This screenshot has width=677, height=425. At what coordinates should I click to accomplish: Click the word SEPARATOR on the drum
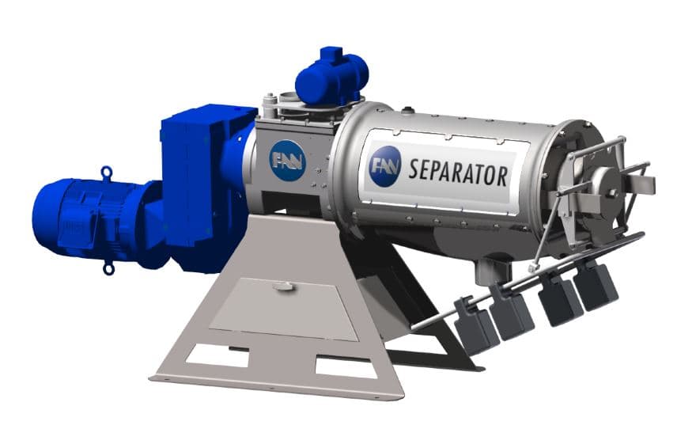click(x=458, y=171)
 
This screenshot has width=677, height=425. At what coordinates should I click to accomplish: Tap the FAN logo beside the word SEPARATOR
click(x=385, y=166)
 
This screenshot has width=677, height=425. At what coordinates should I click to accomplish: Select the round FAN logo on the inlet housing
click(x=286, y=160)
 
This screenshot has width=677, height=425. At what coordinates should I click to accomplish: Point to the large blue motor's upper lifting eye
click(x=106, y=172)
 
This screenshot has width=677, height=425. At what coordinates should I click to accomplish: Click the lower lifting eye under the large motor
click(x=108, y=268)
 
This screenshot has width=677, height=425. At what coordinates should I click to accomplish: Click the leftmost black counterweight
click(x=476, y=326)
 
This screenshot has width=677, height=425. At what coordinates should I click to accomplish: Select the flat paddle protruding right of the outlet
click(x=644, y=184)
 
